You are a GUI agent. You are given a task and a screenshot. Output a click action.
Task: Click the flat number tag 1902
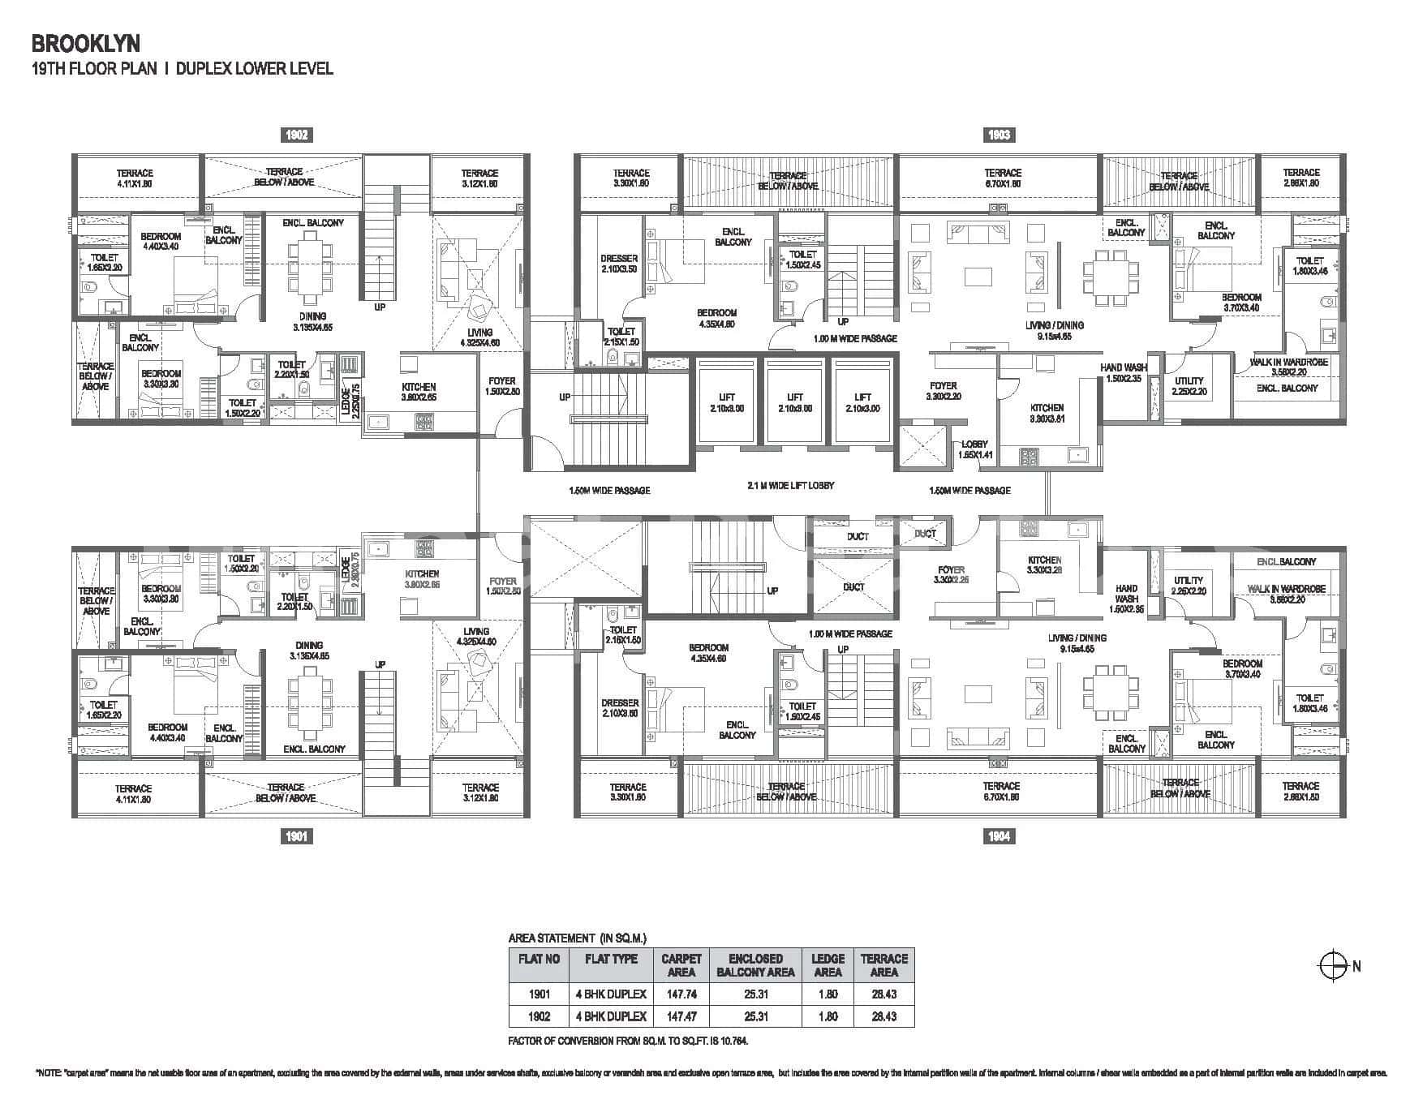(x=298, y=135)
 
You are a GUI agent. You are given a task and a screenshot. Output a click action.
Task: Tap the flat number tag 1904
(x=999, y=835)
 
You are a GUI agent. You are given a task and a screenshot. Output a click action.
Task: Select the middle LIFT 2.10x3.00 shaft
(x=795, y=403)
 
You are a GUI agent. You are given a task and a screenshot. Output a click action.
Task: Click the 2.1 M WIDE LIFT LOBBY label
(x=790, y=485)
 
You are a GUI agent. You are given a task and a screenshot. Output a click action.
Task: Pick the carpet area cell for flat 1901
(x=681, y=994)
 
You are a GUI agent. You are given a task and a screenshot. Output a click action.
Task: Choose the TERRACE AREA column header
(x=883, y=965)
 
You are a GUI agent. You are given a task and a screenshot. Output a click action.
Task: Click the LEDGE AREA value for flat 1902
(x=828, y=1016)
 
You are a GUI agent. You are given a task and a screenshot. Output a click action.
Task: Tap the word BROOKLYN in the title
(x=75, y=42)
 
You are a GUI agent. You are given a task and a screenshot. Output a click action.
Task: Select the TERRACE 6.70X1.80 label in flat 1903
(x=1003, y=178)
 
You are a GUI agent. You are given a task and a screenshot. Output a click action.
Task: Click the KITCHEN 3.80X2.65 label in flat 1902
(x=419, y=393)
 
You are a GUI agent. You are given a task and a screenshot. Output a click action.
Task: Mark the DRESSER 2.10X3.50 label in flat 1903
(x=619, y=264)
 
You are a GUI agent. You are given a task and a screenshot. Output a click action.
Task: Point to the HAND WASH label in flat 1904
(x=1126, y=598)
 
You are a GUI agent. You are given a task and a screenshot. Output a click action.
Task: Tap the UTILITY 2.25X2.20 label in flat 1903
(x=1189, y=385)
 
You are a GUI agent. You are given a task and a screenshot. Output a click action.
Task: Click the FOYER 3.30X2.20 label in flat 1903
(x=944, y=391)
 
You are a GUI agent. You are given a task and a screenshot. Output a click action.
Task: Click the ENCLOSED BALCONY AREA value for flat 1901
(x=755, y=994)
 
